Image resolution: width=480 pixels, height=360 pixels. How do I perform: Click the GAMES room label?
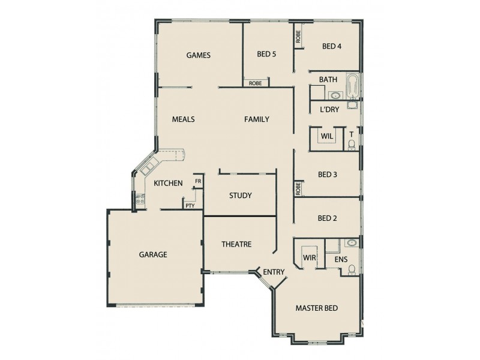(x=198, y=55)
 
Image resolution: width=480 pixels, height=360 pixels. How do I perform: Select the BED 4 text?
(x=332, y=46)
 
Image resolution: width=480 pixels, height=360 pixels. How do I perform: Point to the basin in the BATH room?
(x=335, y=95)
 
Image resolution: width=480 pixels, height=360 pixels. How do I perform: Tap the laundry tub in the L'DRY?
(x=352, y=106)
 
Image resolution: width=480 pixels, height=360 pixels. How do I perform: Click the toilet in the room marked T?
(x=353, y=143)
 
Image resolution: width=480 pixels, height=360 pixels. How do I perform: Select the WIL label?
(x=326, y=136)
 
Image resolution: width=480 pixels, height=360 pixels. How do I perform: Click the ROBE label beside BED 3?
(x=298, y=188)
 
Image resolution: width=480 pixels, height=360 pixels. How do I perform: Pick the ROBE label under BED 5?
(x=255, y=83)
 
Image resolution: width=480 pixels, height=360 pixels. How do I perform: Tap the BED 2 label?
(x=327, y=218)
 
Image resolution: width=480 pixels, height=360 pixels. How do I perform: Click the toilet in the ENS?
(x=353, y=269)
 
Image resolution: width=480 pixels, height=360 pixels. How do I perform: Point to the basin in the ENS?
(x=352, y=243)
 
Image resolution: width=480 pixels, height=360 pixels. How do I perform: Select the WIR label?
(x=310, y=257)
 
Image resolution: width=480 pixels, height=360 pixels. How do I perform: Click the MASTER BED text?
(x=316, y=308)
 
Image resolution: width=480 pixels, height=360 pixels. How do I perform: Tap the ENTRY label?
(x=274, y=272)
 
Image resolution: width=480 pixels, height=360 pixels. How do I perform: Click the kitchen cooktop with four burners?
(x=140, y=200)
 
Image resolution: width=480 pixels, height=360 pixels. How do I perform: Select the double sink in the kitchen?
(x=148, y=167)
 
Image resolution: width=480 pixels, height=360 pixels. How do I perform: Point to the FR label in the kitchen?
(x=197, y=181)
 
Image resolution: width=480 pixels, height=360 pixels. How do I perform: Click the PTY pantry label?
(x=190, y=205)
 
